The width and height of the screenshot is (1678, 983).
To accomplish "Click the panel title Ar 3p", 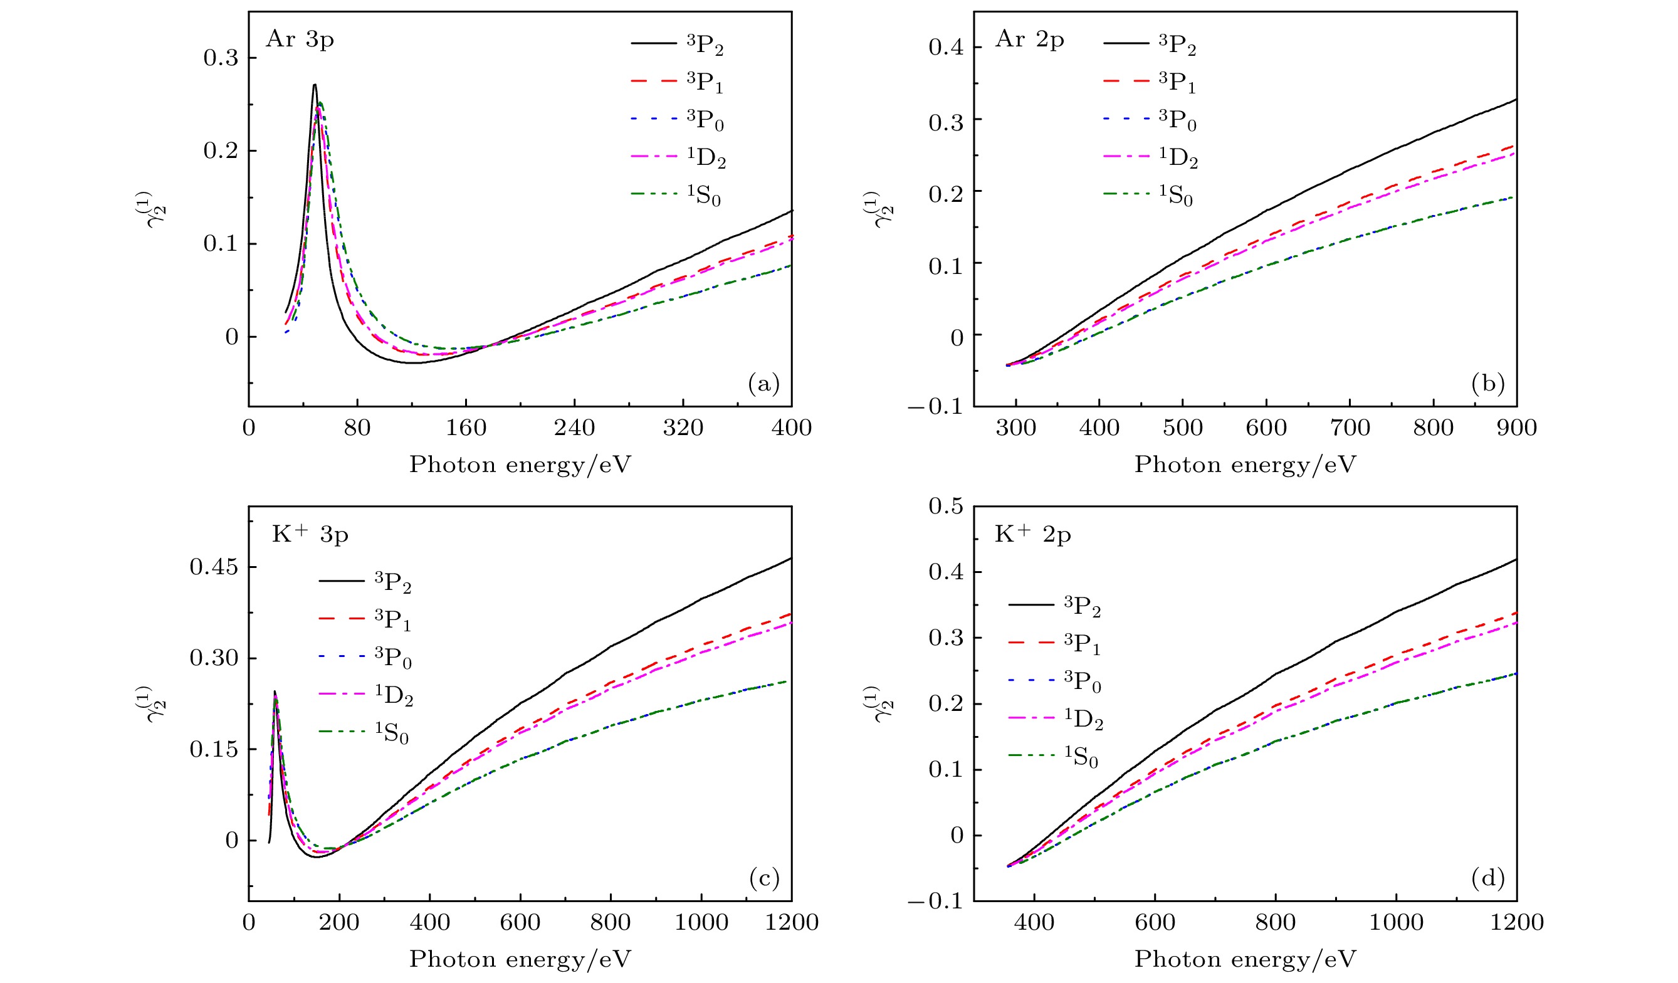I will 300,40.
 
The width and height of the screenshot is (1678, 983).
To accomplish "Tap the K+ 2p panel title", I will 1032,535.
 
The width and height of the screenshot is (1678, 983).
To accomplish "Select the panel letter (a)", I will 763,384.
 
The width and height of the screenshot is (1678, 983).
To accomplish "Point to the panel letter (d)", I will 1488,879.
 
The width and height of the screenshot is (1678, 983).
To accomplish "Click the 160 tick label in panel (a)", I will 466,428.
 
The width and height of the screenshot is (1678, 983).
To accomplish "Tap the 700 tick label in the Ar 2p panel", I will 1350,428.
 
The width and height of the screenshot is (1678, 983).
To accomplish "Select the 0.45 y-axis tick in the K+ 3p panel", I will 214,567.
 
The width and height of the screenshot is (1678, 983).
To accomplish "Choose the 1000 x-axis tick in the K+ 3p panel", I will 701,922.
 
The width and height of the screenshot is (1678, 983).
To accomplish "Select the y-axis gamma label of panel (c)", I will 157,705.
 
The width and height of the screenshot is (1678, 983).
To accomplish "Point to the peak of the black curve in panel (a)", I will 314,85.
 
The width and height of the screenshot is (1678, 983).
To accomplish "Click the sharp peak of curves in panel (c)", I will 275,692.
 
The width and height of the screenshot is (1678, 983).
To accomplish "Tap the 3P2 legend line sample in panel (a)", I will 654,44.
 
